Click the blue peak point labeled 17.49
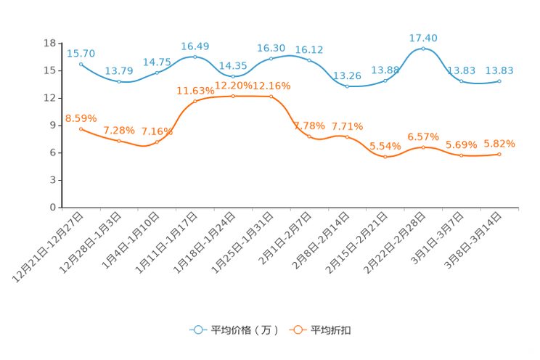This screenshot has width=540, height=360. (424, 48)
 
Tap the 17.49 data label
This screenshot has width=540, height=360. (424, 37)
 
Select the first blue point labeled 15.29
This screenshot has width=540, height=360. (81, 64)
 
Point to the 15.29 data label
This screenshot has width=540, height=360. (81, 53)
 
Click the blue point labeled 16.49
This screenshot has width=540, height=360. (195, 57)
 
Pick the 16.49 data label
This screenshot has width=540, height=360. (195, 46)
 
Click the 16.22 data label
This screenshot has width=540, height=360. (309, 49)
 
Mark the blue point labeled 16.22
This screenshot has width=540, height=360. (309, 60)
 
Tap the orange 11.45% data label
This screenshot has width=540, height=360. (195, 91)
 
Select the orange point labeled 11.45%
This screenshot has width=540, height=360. (195, 102)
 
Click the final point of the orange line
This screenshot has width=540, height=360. (500, 153)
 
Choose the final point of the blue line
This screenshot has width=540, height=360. (500, 80)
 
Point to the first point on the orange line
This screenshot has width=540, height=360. (81, 128)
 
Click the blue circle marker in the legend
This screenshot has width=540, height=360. (198, 330)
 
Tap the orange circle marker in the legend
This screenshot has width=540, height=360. (298, 330)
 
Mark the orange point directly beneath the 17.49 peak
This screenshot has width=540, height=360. (424, 147)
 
